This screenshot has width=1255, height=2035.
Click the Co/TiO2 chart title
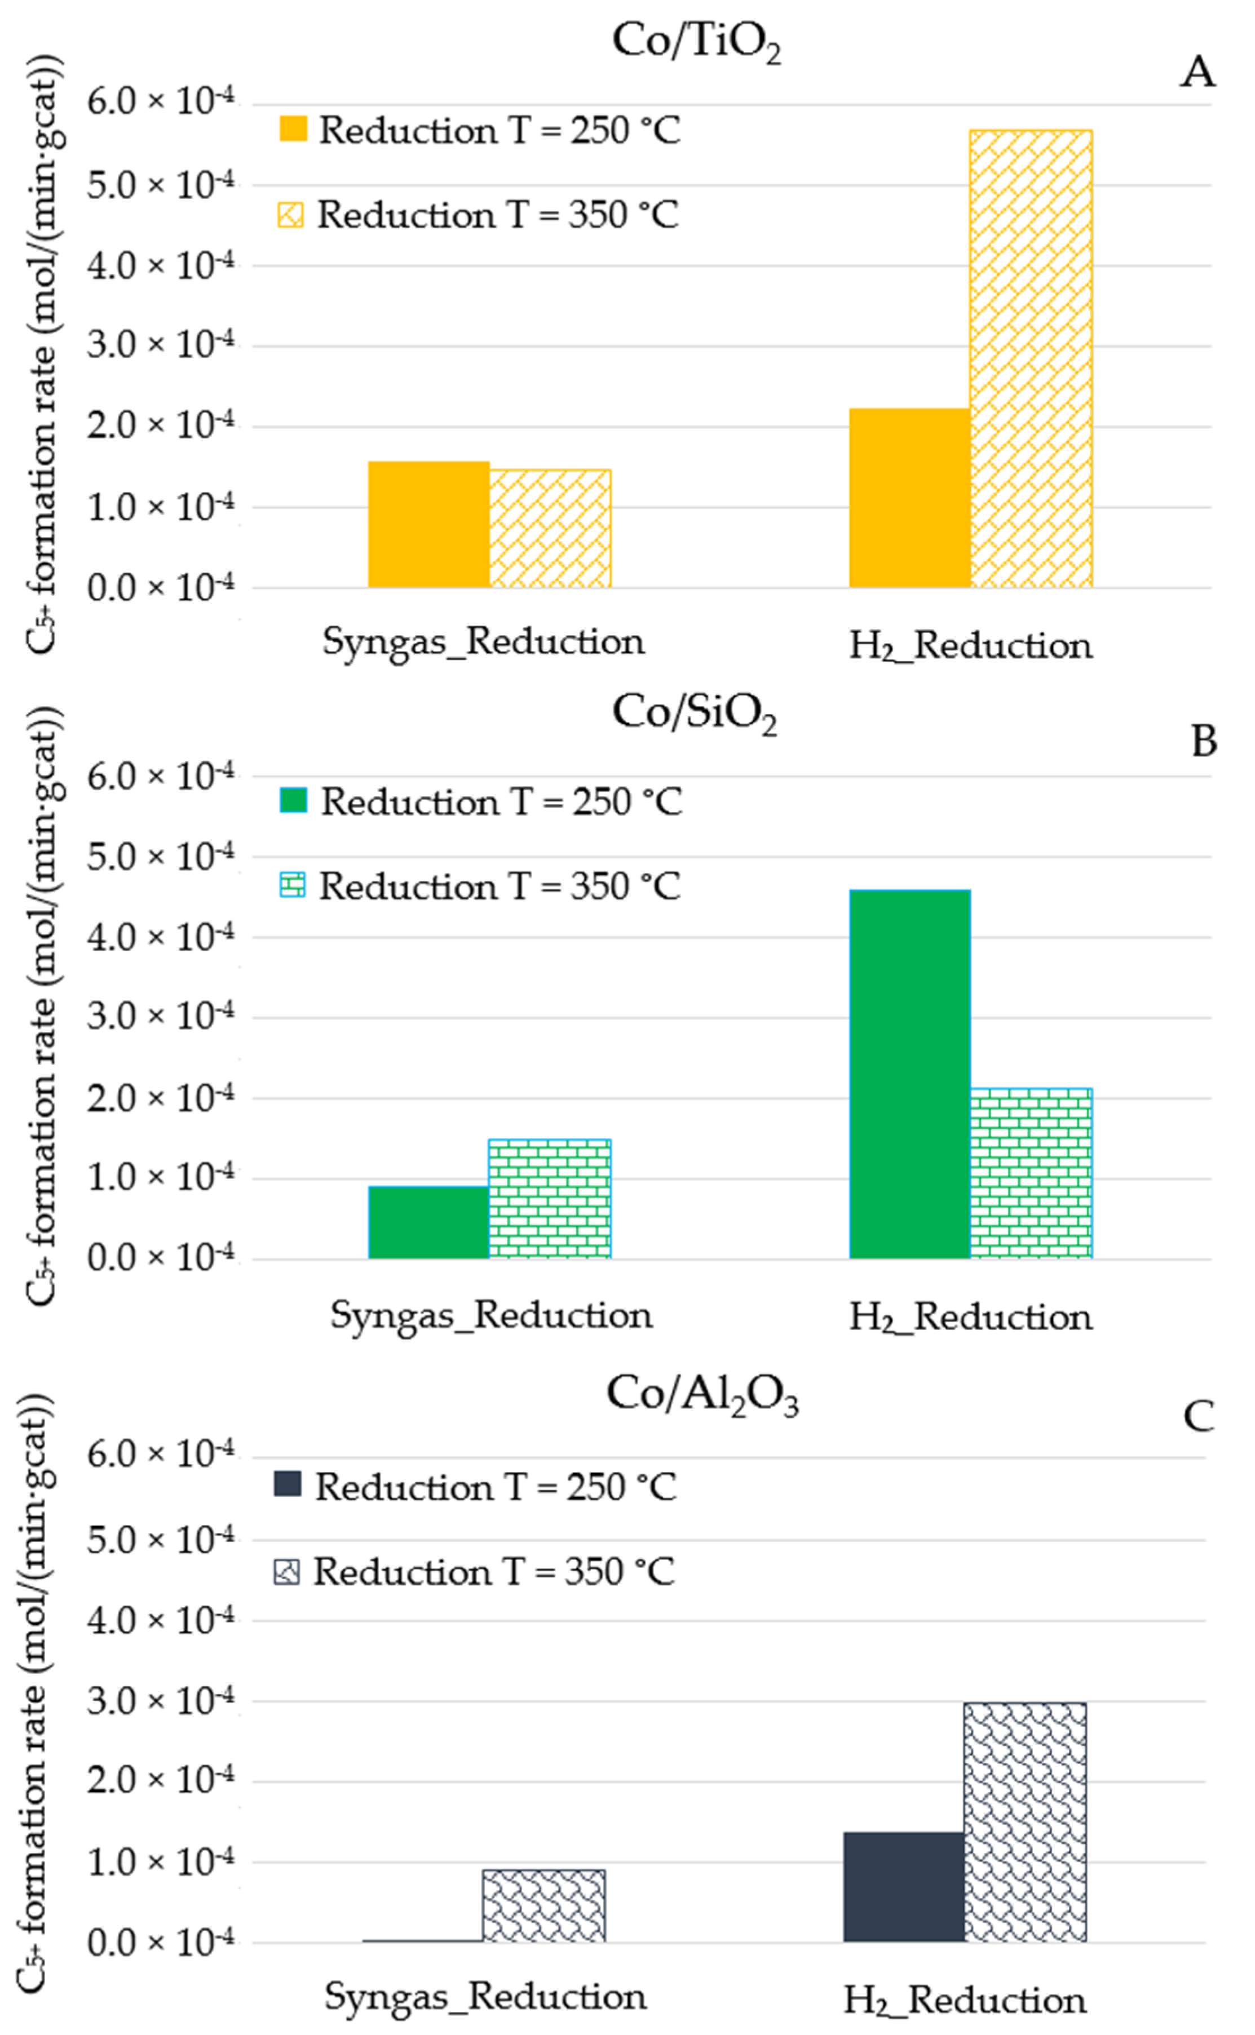(x=696, y=42)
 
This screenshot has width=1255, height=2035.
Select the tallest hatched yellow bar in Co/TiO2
(x=1031, y=358)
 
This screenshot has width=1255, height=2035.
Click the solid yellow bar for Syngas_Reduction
(x=428, y=524)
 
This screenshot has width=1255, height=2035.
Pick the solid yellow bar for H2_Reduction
(x=910, y=498)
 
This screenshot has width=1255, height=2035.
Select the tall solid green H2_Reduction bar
(x=910, y=1074)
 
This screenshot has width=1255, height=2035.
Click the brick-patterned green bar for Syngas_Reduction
(x=550, y=1198)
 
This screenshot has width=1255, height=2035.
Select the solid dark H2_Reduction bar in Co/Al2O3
(x=904, y=1886)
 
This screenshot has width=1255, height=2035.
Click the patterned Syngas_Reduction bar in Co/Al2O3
(x=543, y=1905)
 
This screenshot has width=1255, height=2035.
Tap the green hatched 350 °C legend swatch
(x=292, y=885)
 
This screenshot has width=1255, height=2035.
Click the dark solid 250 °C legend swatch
(x=287, y=1483)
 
